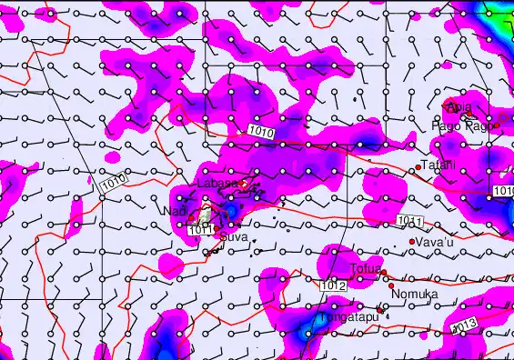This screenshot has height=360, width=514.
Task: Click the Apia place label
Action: (x=459, y=107)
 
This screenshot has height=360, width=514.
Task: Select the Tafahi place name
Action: (x=437, y=165)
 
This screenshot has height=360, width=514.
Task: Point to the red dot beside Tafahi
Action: (x=418, y=166)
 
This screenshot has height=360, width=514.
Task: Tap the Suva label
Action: (x=233, y=237)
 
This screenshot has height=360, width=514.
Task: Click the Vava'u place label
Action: (x=434, y=243)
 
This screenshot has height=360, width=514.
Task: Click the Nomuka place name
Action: (x=414, y=295)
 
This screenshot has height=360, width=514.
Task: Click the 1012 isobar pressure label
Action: (x=333, y=286)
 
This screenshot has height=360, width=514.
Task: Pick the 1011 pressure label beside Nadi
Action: (x=201, y=231)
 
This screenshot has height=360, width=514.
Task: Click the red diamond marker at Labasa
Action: (x=243, y=184)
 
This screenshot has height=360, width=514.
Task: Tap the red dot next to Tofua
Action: (x=384, y=273)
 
